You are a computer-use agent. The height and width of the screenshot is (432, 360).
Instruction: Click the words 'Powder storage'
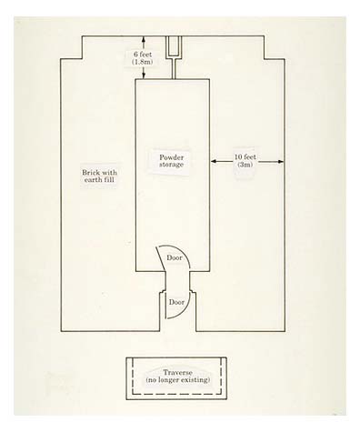click(173, 161)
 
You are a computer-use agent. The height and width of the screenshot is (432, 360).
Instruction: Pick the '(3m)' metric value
click(243, 166)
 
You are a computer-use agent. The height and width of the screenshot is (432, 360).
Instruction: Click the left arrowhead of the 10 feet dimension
click(214, 162)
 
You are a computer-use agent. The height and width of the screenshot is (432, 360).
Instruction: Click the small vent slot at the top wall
click(174, 45)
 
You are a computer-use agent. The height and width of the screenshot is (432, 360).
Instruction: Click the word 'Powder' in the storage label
click(173, 156)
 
